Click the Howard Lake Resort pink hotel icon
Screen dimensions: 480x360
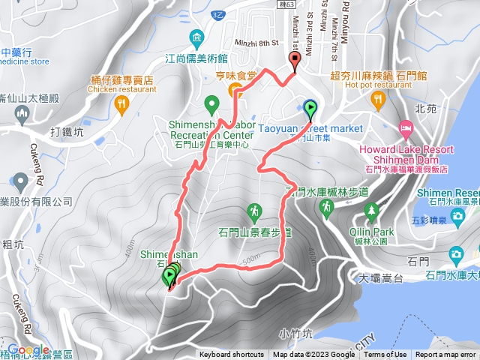[406, 127]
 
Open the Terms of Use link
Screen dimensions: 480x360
[385, 355]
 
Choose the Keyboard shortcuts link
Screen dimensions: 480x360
[232, 355]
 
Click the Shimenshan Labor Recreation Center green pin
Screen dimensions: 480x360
[211, 103]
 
